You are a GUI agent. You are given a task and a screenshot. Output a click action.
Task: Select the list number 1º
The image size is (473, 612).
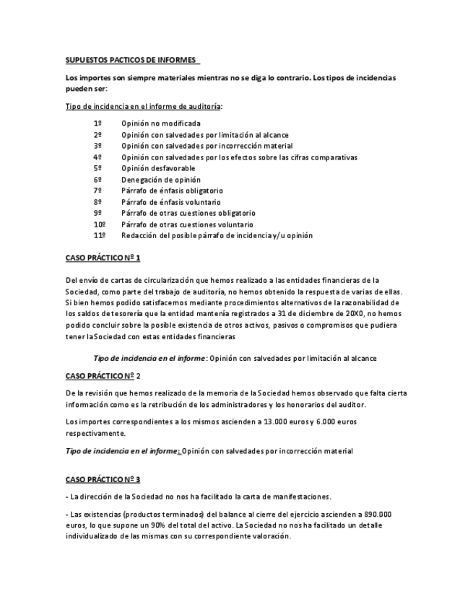click(x=97, y=123)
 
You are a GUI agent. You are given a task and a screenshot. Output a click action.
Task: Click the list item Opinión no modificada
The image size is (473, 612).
click(x=160, y=123)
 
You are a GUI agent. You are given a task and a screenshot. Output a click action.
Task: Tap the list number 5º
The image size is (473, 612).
click(x=97, y=168)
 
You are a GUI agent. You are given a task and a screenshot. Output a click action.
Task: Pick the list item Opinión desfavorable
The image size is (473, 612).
click(x=157, y=168)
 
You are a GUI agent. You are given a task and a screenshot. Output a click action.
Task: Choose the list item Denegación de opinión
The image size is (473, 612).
click(x=160, y=180)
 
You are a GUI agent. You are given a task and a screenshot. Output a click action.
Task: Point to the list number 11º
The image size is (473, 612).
click(x=100, y=236)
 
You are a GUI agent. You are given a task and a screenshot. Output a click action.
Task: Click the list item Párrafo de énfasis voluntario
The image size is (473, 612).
click(x=171, y=202)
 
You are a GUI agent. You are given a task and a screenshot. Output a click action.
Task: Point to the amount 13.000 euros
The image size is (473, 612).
click(x=262, y=421)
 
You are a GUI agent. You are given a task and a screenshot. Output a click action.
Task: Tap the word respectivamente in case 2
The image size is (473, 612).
click(x=95, y=433)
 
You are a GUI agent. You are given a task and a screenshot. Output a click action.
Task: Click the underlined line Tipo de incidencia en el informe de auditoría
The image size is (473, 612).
click(x=143, y=106)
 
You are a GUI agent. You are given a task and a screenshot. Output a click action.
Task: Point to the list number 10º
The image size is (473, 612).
click(x=100, y=224)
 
